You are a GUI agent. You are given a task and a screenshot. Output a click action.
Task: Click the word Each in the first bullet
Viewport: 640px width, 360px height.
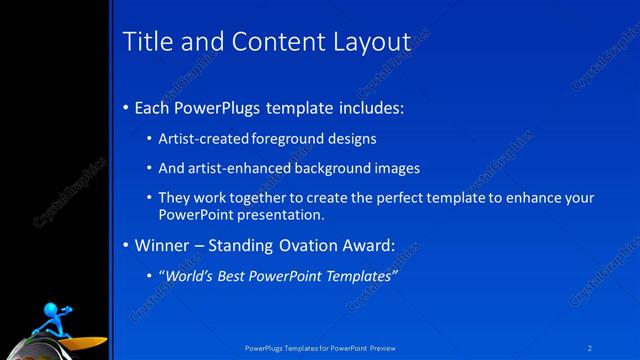point(153,107)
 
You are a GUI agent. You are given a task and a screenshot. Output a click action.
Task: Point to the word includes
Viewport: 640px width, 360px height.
point(368,107)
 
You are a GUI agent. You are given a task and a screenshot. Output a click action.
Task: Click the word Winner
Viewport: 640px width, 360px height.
point(160,245)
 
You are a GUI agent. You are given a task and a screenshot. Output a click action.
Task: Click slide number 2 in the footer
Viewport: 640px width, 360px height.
point(590,348)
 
